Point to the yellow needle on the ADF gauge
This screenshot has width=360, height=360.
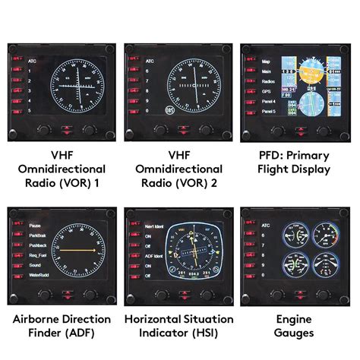pos(76,248)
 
